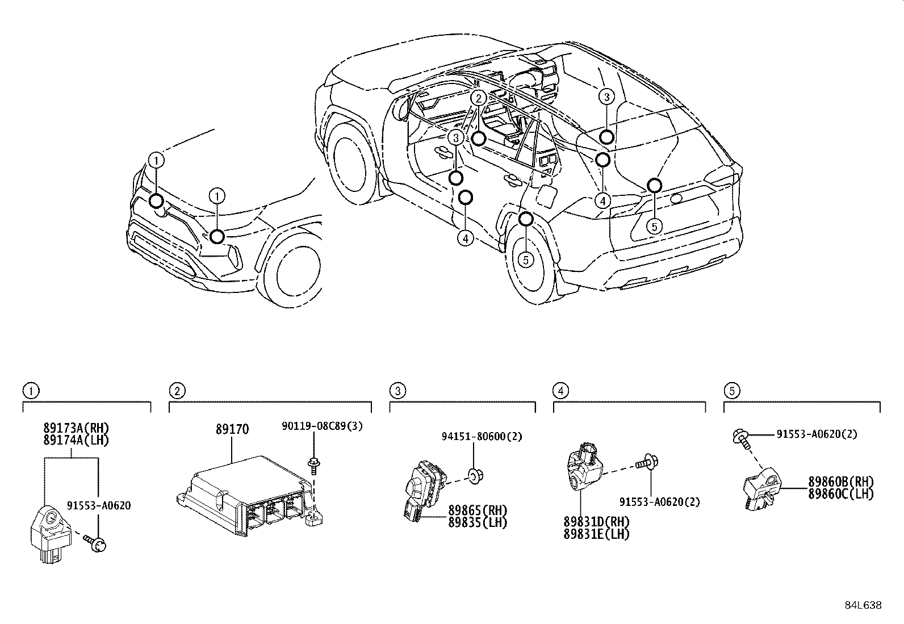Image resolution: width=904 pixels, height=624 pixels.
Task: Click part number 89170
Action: [x=232, y=429]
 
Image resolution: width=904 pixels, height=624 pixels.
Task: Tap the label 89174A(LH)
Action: [x=76, y=439]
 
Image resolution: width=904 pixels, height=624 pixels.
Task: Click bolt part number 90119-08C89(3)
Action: [x=322, y=426]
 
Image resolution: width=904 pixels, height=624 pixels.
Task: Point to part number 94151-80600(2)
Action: [x=482, y=436]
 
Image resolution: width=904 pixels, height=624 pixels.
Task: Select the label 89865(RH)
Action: [x=478, y=510]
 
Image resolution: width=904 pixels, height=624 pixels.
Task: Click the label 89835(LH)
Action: [x=478, y=522]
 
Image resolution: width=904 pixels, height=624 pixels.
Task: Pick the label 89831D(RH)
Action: [x=597, y=522]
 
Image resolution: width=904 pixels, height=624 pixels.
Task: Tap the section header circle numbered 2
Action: [x=177, y=391]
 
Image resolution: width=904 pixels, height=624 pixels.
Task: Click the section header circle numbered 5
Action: [x=732, y=391]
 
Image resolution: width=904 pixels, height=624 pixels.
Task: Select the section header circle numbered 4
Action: [x=561, y=391]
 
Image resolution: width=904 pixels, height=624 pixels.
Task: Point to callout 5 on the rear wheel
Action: [x=526, y=259]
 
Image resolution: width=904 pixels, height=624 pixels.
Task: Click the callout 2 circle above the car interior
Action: [x=479, y=98]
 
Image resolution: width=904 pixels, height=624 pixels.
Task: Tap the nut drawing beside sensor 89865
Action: [x=473, y=475]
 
